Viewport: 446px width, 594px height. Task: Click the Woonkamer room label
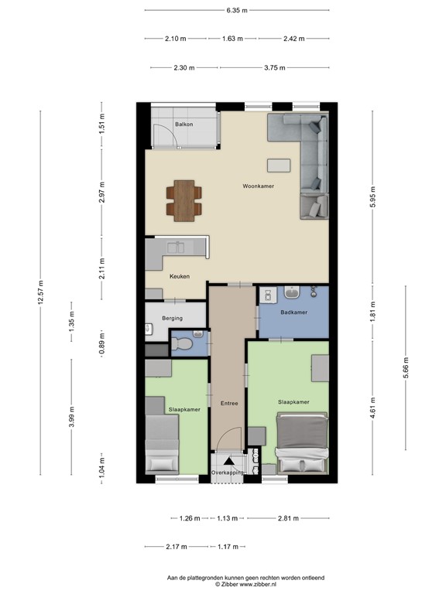[x=258, y=186]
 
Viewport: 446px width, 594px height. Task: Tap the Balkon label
[x=184, y=124]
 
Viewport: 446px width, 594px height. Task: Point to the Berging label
[x=172, y=318]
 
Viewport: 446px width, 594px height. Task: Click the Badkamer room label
[x=293, y=312]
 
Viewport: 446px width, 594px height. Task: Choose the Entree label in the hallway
[x=229, y=403]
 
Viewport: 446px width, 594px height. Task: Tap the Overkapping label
[x=228, y=472]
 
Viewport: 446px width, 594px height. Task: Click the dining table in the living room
[x=184, y=200]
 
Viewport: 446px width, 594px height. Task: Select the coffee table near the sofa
[x=279, y=165]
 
